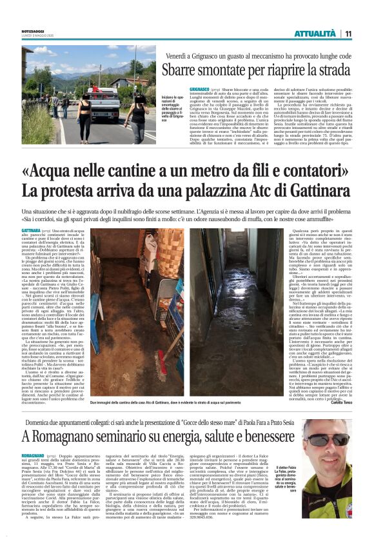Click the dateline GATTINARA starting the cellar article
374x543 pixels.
(x=32, y=230)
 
